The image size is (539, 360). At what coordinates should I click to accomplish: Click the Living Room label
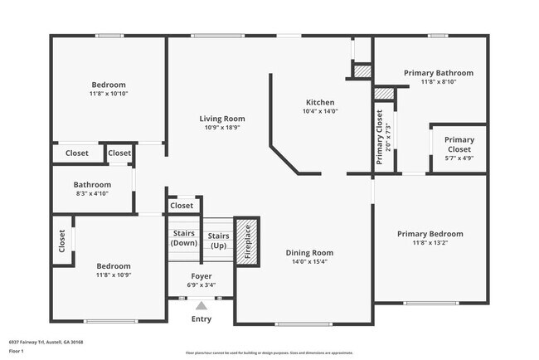[221, 119]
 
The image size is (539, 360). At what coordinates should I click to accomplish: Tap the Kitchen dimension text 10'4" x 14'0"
[319, 111]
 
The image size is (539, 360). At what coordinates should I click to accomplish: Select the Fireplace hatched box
[246, 241]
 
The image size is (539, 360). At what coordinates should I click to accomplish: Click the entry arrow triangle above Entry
[201, 306]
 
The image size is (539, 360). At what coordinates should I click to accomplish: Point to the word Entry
[202, 319]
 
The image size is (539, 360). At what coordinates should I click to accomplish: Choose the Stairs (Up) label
[218, 241]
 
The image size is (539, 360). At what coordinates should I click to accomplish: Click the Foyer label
[202, 275]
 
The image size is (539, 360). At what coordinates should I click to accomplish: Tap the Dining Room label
[309, 253]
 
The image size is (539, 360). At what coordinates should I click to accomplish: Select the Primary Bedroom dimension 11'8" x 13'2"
[430, 244]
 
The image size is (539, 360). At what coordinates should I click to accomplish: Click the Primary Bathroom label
[438, 73]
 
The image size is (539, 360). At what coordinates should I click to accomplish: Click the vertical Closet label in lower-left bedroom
[62, 241]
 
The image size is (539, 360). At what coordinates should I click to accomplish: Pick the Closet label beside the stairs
[182, 206]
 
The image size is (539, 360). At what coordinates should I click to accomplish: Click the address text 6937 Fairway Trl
[46, 342]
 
